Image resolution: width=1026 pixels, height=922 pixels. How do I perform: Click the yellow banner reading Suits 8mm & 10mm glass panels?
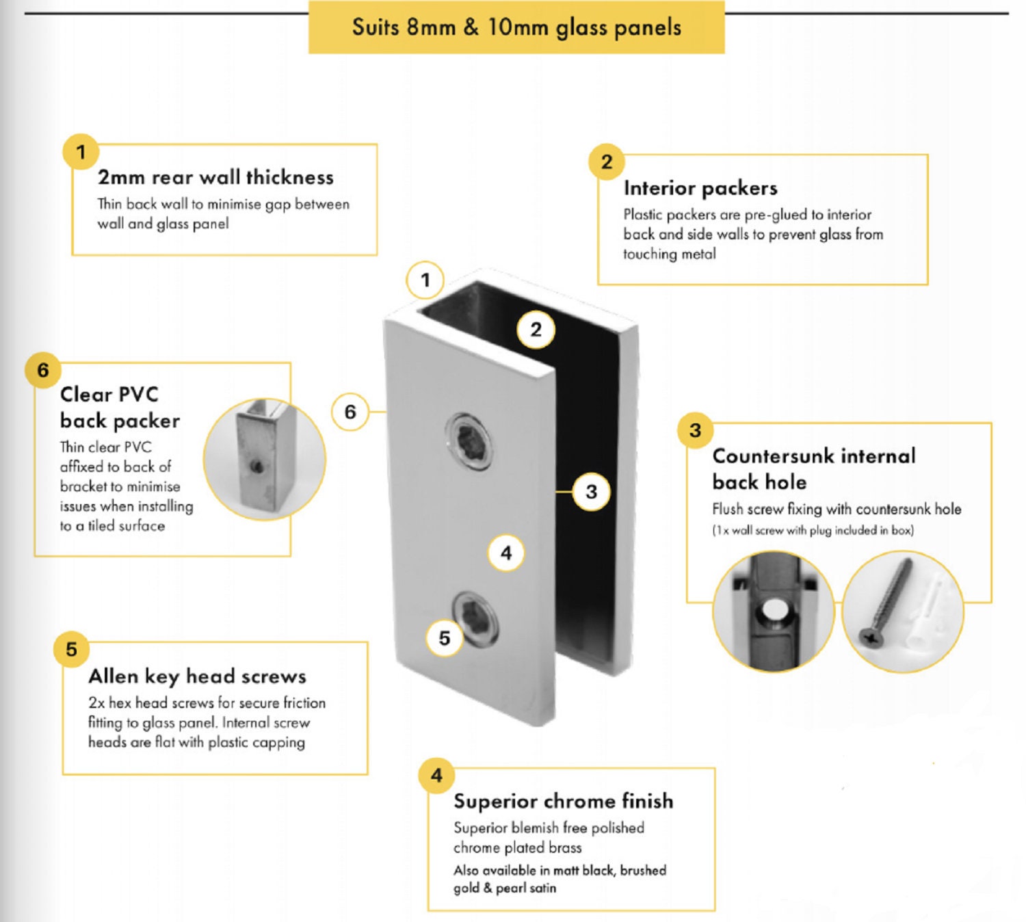pos(516,27)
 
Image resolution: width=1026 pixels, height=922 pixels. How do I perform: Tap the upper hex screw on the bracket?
pos(471,442)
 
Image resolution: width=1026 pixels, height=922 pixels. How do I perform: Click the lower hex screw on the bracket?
pos(475,618)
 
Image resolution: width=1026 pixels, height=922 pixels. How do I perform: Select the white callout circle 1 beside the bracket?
pos(425,280)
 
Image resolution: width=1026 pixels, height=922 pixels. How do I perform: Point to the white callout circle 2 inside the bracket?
pos(536,330)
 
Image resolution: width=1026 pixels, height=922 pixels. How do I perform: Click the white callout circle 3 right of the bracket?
pos(592,491)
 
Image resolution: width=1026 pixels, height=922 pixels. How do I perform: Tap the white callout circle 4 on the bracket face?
pos(506,553)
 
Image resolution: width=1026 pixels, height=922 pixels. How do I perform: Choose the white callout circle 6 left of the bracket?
pos(350,412)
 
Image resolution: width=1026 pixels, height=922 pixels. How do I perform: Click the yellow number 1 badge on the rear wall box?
pos(81,152)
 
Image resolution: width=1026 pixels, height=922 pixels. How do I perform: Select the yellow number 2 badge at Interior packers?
pos(607,162)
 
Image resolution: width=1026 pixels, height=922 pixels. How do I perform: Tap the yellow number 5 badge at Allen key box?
pos(72,649)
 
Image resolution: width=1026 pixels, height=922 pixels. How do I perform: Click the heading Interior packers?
pos(700,188)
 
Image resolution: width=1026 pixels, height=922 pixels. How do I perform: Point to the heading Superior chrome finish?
pos(563,801)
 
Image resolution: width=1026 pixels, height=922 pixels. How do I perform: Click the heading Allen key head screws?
pos(197,676)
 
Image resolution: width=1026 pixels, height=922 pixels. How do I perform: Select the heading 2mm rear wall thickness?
pos(215,177)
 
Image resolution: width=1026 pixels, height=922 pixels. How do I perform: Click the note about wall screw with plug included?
pos(813,530)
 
